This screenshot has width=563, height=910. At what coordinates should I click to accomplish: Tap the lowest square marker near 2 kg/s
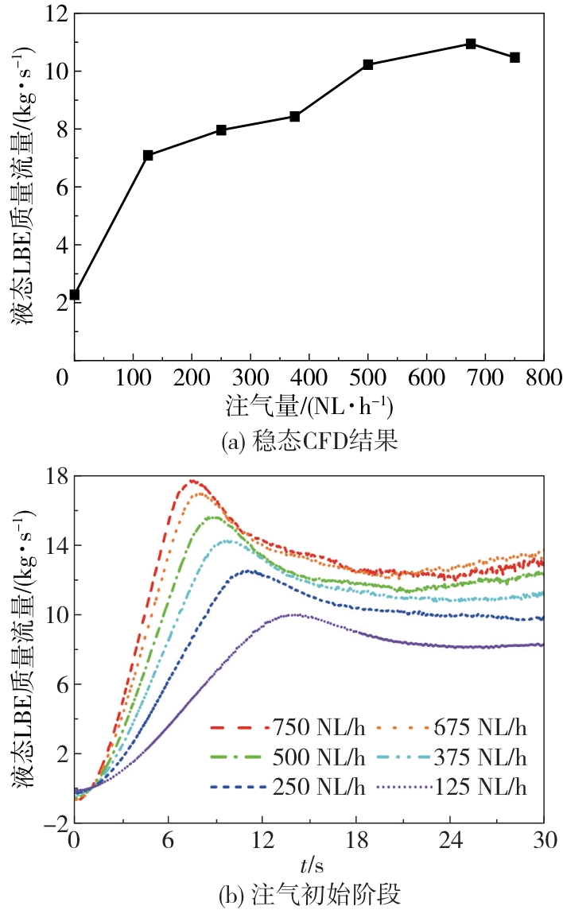point(75,295)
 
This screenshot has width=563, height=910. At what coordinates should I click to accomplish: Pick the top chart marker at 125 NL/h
point(148,155)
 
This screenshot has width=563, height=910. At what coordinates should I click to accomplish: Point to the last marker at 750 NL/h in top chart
point(514,57)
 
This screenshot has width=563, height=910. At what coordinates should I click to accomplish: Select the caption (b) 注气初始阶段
point(309,895)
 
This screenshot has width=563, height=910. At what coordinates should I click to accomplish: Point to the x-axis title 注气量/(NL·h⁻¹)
point(309,408)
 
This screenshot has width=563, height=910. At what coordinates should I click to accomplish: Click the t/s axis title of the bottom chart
point(309,862)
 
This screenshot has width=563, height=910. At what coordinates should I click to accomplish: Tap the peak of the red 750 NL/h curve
point(192,481)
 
